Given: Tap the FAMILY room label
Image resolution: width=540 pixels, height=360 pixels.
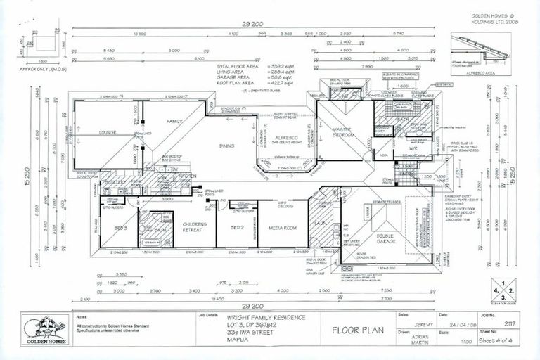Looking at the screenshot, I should [x=174, y=122].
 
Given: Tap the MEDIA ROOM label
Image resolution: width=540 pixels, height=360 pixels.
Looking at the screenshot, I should [x=282, y=229].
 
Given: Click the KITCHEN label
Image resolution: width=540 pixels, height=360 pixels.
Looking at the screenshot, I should [x=186, y=176].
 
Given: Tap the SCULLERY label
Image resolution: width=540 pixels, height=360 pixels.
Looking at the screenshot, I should [x=116, y=182].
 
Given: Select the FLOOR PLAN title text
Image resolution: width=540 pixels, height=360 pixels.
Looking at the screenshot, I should [x=349, y=329].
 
